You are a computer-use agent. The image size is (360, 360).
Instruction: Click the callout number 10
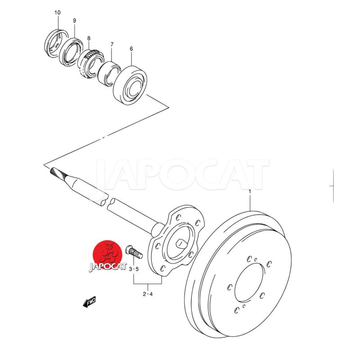tap(58, 13)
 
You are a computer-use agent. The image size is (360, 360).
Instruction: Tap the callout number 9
tap(74, 21)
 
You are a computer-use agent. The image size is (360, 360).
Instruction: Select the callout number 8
tap(89, 38)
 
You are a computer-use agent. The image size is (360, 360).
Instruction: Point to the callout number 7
tap(112, 44)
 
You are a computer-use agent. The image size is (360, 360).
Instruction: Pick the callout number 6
tap(131, 49)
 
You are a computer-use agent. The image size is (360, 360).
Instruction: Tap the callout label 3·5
tap(134, 269)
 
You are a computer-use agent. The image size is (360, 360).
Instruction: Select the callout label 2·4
tap(148, 294)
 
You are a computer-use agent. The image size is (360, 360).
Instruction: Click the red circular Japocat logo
tap(107, 255)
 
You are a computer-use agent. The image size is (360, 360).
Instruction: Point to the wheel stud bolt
tap(134, 252)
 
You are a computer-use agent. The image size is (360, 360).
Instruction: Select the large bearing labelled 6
tap(130, 85)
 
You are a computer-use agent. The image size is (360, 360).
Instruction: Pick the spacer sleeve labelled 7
tap(109, 73)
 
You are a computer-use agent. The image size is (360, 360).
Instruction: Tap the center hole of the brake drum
tap(249, 283)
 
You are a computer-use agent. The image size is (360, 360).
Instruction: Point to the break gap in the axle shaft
tap(108, 202)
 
